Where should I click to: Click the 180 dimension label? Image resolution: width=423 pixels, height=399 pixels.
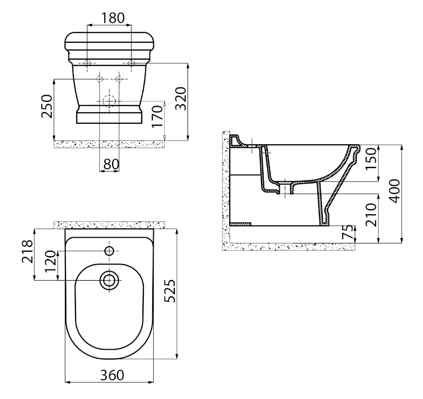click(x=113, y=18)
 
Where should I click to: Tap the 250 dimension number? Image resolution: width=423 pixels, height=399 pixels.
click(x=47, y=106)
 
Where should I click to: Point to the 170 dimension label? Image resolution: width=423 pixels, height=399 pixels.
click(x=157, y=116)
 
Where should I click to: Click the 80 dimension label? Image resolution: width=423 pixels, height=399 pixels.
click(x=111, y=164)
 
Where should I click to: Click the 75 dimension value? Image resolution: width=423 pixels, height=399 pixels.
click(x=347, y=232)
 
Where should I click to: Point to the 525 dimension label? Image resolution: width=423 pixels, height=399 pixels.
click(x=170, y=291)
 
